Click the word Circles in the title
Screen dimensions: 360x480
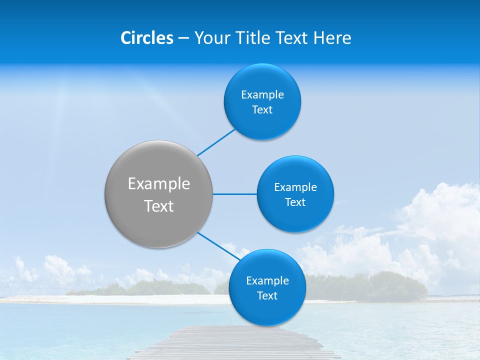147,38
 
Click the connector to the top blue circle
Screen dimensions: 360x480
216,142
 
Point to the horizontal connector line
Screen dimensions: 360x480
235,194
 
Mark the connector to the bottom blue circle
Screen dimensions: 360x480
218,245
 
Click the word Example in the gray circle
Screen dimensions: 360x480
159,184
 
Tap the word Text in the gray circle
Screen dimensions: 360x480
159,206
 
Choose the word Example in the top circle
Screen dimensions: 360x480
262,95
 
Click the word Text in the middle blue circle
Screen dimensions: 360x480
295,202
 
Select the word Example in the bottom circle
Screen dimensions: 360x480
267,281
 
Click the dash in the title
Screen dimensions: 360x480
183,38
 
